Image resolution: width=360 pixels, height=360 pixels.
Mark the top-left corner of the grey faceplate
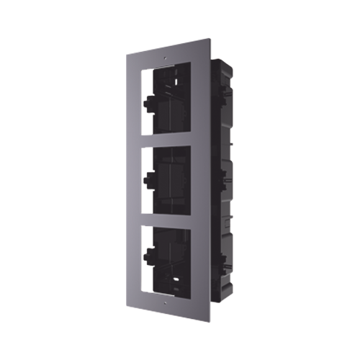pyautogui.click(x=128, y=50)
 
